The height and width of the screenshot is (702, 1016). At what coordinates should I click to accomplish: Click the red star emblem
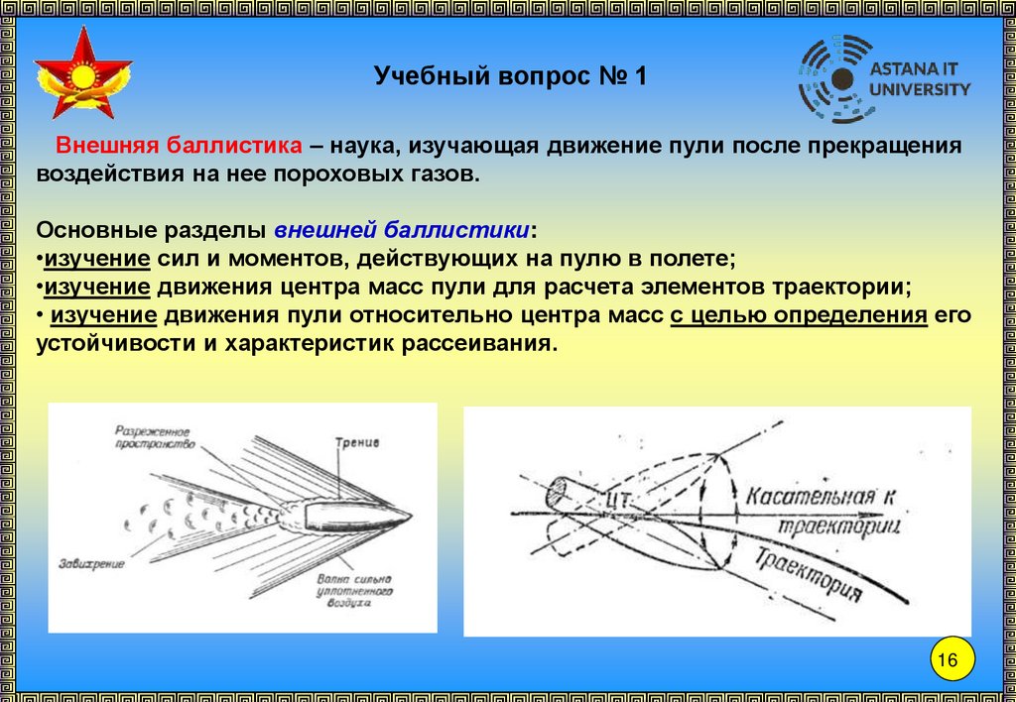coord(82,73)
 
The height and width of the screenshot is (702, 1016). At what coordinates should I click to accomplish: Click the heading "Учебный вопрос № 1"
coord(510,76)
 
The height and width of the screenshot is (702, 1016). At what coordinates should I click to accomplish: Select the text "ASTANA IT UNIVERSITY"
coord(920,80)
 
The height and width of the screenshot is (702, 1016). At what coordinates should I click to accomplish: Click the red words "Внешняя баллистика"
coord(179,146)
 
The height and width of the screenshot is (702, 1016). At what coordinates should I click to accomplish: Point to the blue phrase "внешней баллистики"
coord(402,230)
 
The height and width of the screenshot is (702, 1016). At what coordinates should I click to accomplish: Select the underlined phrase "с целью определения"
coord(799,316)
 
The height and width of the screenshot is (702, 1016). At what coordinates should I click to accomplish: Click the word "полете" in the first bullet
coord(695,259)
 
